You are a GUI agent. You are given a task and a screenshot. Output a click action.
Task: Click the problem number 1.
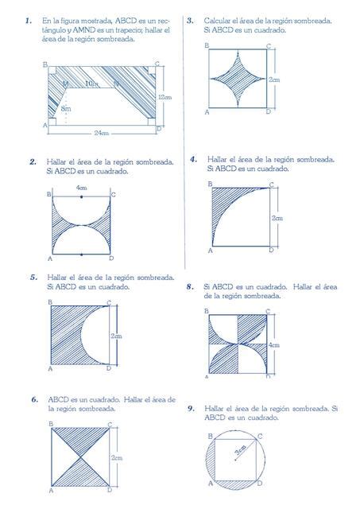29,21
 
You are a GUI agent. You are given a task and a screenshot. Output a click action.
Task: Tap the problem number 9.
191,409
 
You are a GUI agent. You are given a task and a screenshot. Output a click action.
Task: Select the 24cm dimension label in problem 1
102,133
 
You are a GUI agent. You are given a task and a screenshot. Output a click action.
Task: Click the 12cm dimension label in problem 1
165,97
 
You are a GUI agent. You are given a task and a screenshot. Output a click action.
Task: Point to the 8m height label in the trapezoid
66,109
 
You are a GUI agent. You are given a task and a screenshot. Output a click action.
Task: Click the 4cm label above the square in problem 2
81,188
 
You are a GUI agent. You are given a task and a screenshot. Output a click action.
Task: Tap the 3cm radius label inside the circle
240,450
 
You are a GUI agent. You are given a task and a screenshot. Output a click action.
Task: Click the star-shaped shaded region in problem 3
238,79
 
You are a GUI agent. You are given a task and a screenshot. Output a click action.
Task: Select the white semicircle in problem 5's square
95,335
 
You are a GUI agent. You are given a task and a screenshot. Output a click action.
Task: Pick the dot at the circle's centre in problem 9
235,460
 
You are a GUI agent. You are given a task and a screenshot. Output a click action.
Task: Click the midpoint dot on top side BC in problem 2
81,196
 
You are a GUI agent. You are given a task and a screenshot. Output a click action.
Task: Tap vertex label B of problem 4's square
210,185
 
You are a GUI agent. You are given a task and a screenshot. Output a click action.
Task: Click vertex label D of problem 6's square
110,490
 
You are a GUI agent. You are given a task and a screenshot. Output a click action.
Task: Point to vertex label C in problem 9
260,437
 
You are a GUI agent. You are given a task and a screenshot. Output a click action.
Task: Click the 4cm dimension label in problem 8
273,345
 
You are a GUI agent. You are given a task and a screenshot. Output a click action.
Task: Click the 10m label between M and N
91,84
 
